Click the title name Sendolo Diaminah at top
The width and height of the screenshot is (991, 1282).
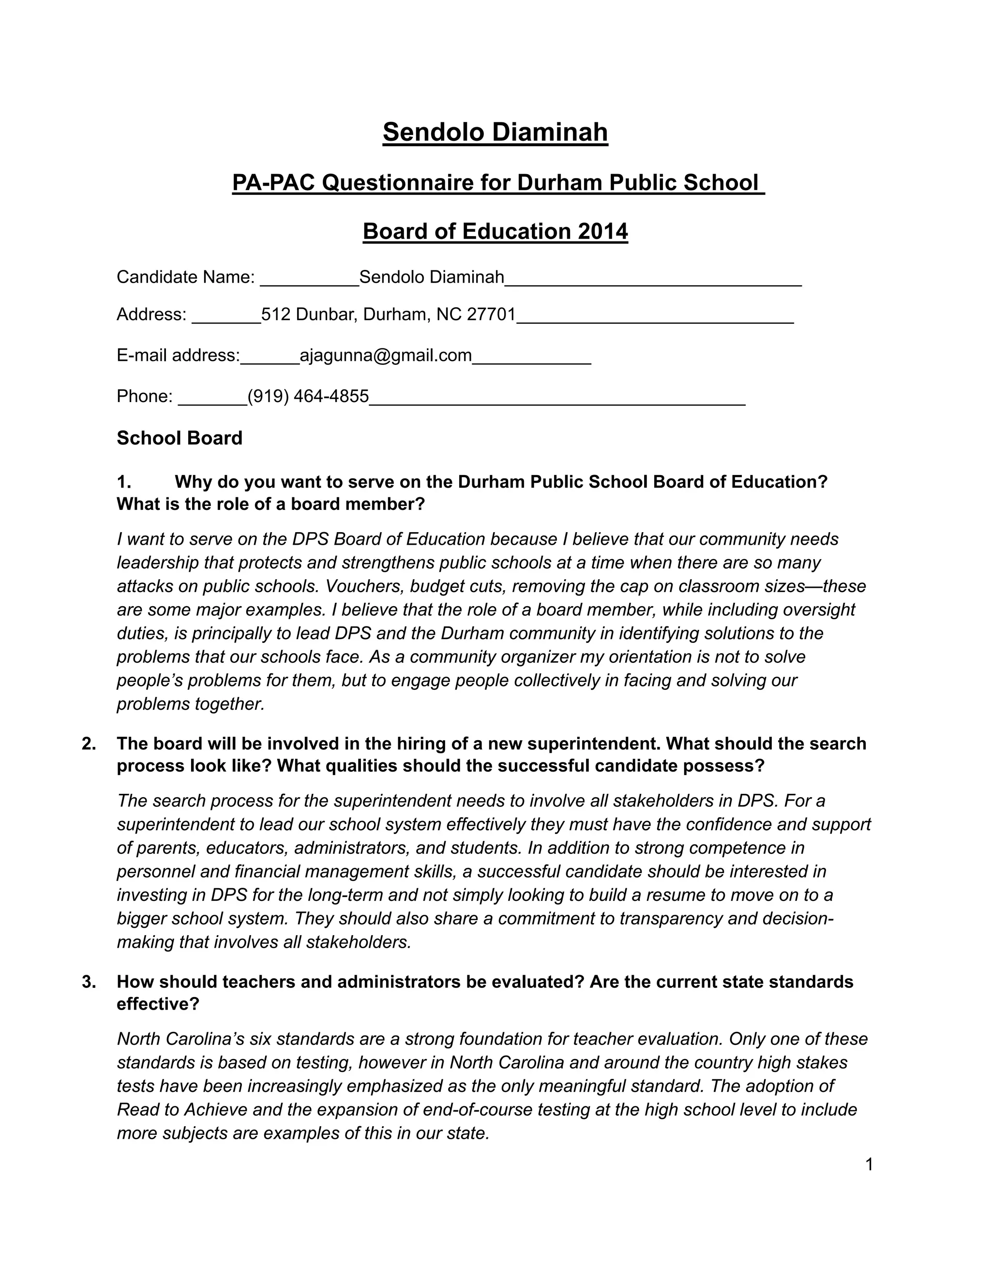tap(495, 132)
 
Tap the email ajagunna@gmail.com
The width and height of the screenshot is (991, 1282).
tap(386, 355)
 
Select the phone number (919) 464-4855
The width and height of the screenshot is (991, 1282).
tap(308, 396)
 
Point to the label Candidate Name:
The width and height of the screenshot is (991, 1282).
tap(185, 277)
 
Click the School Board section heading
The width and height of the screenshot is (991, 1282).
tap(180, 438)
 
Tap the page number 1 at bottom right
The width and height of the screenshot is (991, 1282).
tap(870, 1164)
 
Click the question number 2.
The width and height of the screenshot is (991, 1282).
tap(89, 744)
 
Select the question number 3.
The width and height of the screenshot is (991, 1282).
tap(89, 982)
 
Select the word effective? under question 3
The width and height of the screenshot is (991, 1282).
tap(158, 1004)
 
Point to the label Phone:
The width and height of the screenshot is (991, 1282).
tap(144, 396)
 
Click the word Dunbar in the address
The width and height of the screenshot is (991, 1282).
tap(326, 314)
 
